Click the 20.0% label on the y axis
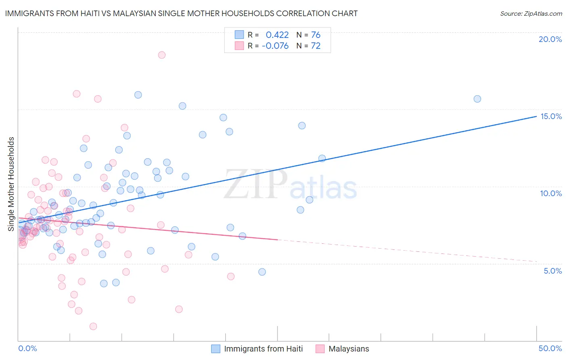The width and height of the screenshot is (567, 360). click(550, 39)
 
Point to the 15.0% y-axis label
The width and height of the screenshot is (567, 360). click(551, 116)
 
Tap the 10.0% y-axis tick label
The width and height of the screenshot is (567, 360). click(551, 193)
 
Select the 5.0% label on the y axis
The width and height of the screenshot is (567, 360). click(552, 271)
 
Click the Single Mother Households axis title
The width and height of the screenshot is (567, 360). click(11, 184)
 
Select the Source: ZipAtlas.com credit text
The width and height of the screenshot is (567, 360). click(531, 14)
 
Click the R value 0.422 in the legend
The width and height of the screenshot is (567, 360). click(277, 35)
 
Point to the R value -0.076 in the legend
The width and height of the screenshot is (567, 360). click(275, 46)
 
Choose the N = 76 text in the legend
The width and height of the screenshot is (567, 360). click(308, 35)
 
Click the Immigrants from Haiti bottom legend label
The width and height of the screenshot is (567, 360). click(263, 349)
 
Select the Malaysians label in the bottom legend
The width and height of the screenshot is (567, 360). click(348, 349)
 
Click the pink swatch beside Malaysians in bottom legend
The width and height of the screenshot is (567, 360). click(320, 349)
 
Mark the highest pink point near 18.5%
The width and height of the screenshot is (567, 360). click(162, 55)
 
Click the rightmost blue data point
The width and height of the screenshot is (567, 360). click(477, 99)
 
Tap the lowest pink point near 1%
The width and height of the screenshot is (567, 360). click(93, 327)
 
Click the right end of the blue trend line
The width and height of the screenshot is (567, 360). click(536, 116)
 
